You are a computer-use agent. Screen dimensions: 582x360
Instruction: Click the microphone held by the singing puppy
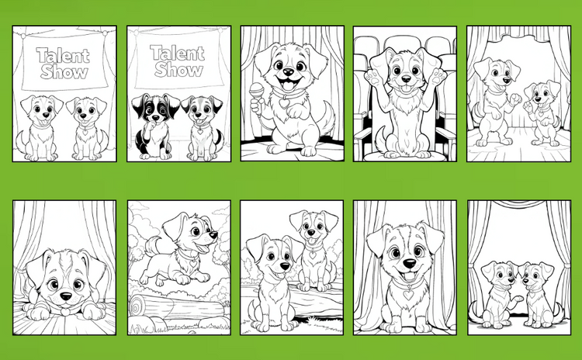[x=256, y=91]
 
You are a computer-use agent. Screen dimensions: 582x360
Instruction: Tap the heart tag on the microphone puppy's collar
[x=285, y=102]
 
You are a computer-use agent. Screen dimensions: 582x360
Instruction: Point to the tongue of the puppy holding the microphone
[x=289, y=86]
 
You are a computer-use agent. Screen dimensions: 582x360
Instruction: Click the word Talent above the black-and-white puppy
[x=178, y=53]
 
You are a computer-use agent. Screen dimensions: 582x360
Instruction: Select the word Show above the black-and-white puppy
[x=179, y=69]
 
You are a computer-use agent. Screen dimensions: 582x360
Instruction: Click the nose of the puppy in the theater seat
[x=407, y=79]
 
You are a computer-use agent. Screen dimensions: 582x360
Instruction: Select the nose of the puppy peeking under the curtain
[x=66, y=296]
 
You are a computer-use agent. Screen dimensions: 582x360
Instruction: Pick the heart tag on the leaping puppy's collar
[x=193, y=263]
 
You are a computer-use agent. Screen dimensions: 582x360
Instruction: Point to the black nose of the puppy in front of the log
[x=285, y=266]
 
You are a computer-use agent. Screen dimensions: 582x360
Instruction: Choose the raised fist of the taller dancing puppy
[x=514, y=99]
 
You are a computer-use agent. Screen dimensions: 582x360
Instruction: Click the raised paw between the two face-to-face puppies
[x=518, y=298]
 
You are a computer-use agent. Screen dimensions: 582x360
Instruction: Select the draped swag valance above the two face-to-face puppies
[x=520, y=204]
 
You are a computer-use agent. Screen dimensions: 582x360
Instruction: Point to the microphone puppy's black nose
[x=289, y=71]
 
